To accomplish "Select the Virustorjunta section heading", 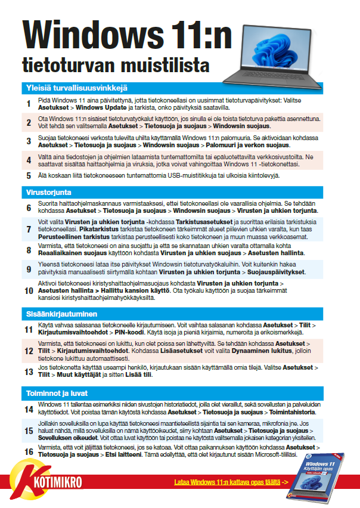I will (48, 193).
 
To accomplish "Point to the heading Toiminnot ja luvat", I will (57, 394).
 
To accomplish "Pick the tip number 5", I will (28, 175).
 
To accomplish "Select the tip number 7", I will (28, 229).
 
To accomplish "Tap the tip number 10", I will (28, 291).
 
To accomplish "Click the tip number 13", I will (28, 371).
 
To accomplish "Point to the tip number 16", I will (28, 451).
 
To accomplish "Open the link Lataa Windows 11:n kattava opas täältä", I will (229, 482).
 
